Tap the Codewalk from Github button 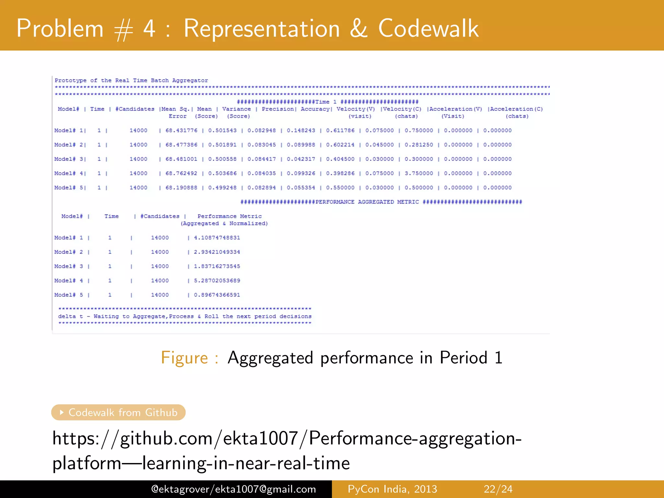pos(118,412)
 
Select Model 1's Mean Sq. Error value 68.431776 pos(181,130)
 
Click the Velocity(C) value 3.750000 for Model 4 pos(419,173)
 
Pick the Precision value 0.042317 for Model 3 pos(301,159)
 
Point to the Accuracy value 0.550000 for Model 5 pos(340,187)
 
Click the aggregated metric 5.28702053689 pos(217,280)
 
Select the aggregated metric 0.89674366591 pos(217,295)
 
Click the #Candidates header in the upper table pos(135,109)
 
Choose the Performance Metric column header pos(229,216)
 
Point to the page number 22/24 pos(498,489)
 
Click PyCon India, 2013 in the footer pos(392,489)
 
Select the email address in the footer pos(233,489)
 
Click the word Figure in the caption pos(184,358)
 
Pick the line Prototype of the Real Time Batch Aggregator pos(131,80)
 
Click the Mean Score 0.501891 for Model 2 pos(222,145)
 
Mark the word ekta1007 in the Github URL pos(260,438)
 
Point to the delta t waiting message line pos(185,316)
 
